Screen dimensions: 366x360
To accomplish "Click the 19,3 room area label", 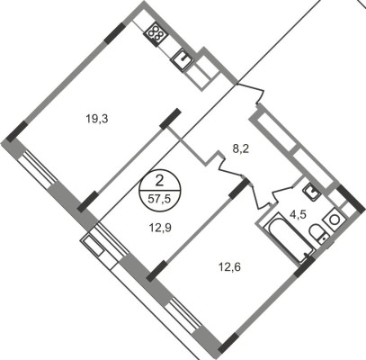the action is (x=97, y=120).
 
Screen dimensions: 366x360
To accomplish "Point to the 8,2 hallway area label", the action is (x=241, y=149).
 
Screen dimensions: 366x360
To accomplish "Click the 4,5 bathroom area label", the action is (x=298, y=215).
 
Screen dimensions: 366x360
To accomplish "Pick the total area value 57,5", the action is (x=160, y=198).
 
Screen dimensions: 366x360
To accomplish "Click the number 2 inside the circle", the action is (x=160, y=181).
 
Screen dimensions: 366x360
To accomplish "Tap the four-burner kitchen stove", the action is (x=156, y=34).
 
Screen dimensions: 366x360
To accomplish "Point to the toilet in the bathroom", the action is (x=318, y=234).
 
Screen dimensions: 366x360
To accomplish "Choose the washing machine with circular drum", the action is (x=333, y=220).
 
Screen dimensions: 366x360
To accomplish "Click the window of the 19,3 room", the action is (x=39, y=169).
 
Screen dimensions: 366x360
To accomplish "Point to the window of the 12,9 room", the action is (x=112, y=240).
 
